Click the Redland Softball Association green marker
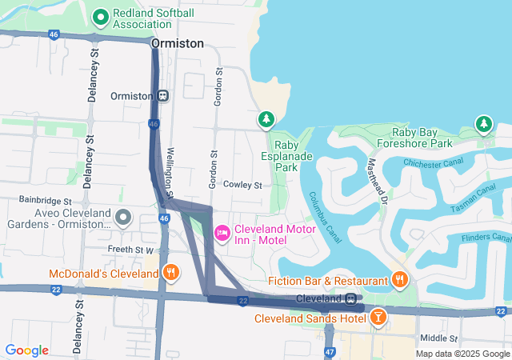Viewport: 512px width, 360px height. coord(101,17)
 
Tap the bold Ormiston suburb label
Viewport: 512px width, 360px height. coord(177,43)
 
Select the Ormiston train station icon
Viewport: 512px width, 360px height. coord(162,96)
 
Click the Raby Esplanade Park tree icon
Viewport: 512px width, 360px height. coord(266,119)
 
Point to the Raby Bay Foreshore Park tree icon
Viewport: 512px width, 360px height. coord(483,124)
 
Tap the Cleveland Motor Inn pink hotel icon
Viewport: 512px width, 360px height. coord(222,232)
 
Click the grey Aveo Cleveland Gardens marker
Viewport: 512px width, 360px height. coord(123,217)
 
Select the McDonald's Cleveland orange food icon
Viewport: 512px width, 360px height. coord(170,274)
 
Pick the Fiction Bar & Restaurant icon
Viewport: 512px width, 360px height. coord(399,279)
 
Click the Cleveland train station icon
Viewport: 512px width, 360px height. coord(351,298)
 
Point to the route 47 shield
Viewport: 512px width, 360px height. coord(330,351)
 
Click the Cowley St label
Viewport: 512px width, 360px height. coord(242,185)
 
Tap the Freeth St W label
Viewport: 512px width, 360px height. coord(130,250)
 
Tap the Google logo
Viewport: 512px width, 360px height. coord(27,350)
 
